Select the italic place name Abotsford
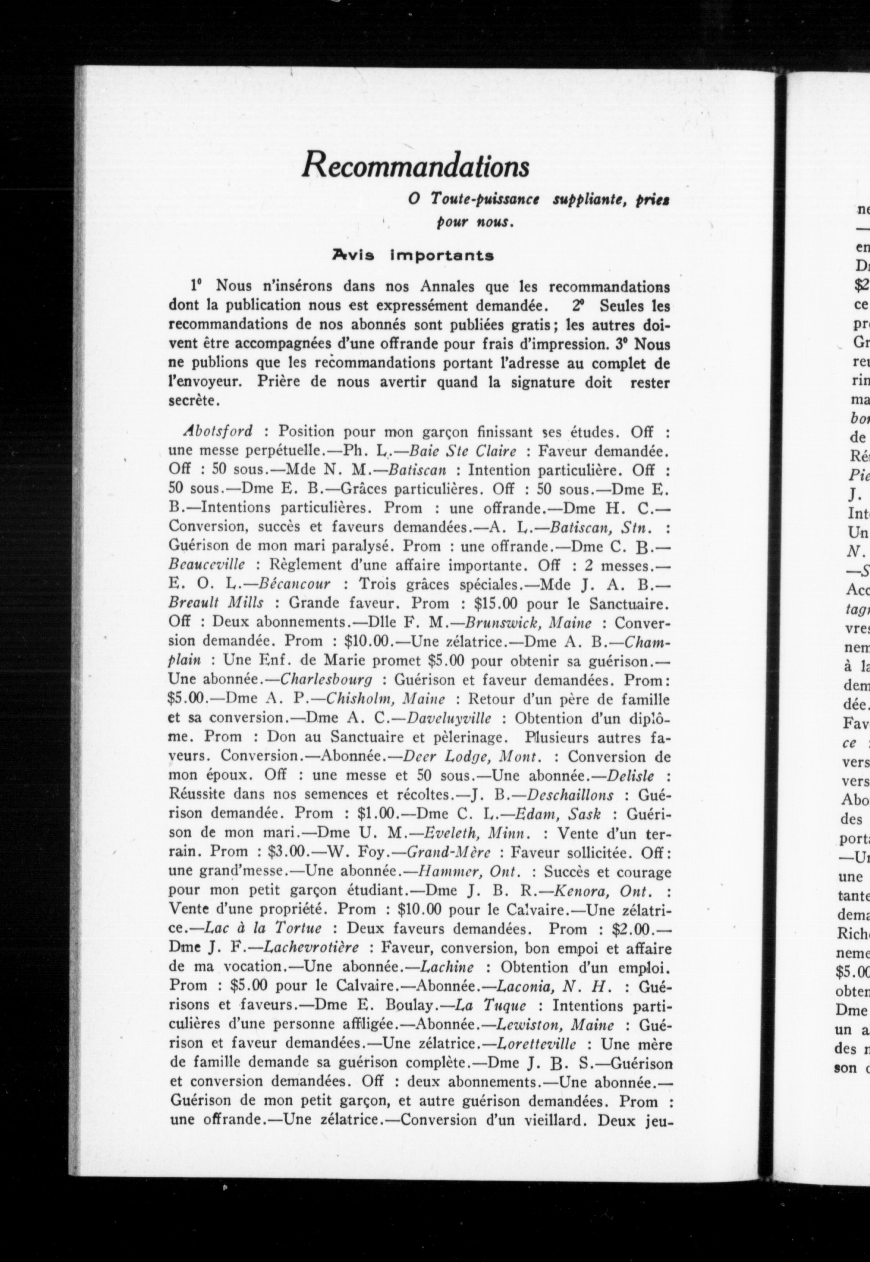218,431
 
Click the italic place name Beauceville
207,564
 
